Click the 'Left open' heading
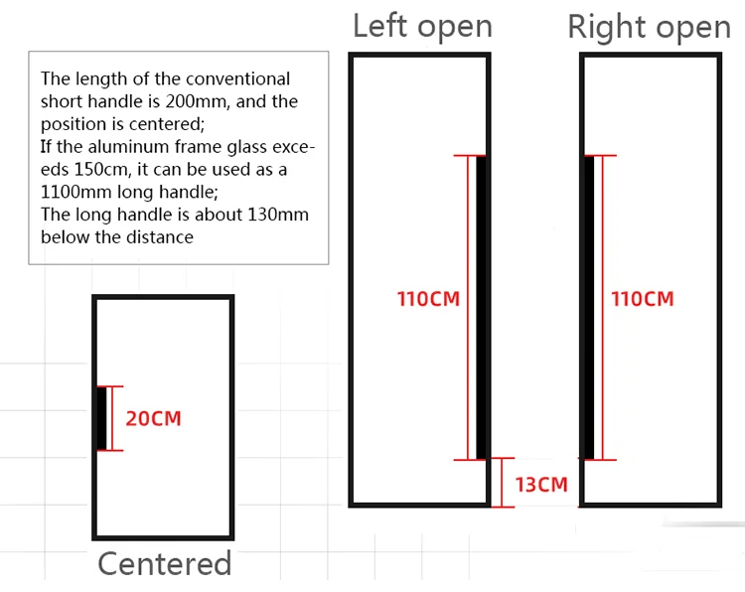(422, 26)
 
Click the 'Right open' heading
(649, 27)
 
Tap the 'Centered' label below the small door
(164, 564)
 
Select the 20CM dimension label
(154, 418)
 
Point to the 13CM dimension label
(541, 484)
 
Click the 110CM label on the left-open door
(429, 298)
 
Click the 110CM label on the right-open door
(642, 298)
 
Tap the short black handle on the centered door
(101, 417)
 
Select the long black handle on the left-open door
(482, 307)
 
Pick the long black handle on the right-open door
(589, 307)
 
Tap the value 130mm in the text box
(279, 216)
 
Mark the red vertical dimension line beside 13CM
(503, 482)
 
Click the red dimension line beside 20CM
(112, 418)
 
